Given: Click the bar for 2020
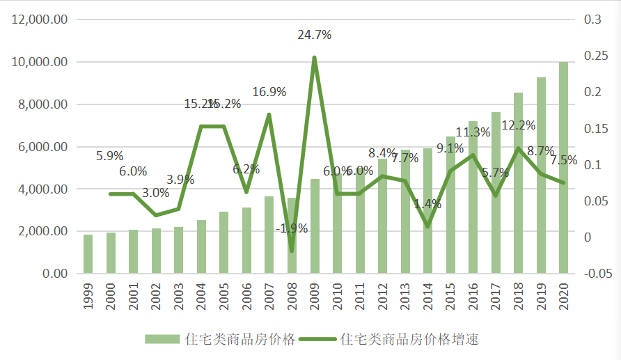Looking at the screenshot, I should tap(563, 167).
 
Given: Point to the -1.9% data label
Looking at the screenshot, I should tap(291, 228).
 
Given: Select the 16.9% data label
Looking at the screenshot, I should tap(269, 92).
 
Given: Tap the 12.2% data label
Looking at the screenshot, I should tap(518, 125).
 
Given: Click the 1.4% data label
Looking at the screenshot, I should tap(427, 205).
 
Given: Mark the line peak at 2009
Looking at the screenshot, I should tap(314, 58).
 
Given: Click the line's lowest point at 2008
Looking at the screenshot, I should tap(292, 251).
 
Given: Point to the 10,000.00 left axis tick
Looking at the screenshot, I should tap(40, 63).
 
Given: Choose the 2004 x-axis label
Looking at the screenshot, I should tap(202, 297).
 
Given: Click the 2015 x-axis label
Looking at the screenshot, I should tap(450, 297).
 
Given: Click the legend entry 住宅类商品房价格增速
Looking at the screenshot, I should tap(410, 340).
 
